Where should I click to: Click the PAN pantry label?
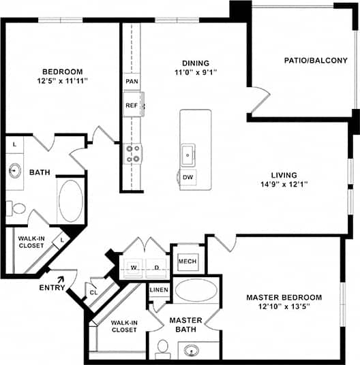131,81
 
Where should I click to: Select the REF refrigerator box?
132,106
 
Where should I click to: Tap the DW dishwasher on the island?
188,178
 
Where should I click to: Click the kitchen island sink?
188,154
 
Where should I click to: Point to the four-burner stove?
132,153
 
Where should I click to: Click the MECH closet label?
187,261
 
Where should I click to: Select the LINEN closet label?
158,290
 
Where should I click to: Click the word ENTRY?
52,287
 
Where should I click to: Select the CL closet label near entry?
93,293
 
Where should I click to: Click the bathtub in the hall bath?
70,200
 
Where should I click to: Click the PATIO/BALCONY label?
316,61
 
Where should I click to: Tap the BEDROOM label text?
62,72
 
